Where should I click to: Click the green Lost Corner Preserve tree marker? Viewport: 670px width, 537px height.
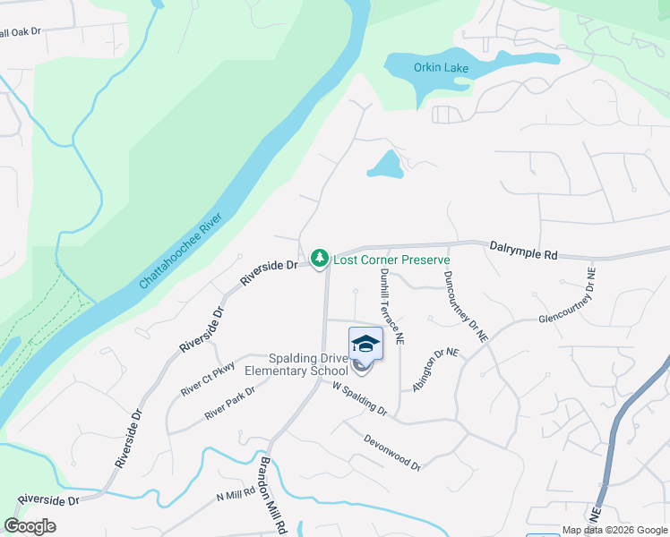pyautogui.click(x=319, y=259)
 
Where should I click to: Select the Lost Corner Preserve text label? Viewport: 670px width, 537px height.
pyautogui.click(x=391, y=260)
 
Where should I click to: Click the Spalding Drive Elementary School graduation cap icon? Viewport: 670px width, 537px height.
pyautogui.click(x=365, y=344)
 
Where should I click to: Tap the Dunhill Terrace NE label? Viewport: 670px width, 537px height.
pyautogui.click(x=391, y=307)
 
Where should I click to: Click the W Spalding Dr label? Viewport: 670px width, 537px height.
pyautogui.click(x=358, y=400)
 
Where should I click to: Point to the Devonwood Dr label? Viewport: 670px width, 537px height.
pyautogui.click(x=392, y=451)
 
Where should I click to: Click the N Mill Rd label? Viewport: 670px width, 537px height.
pyautogui.click(x=236, y=495)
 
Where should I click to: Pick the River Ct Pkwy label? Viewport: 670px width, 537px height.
pyautogui.click(x=207, y=378)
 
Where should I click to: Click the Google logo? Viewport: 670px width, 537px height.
pyautogui.click(x=30, y=526)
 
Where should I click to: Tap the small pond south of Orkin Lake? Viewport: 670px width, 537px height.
pyautogui.click(x=384, y=165)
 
